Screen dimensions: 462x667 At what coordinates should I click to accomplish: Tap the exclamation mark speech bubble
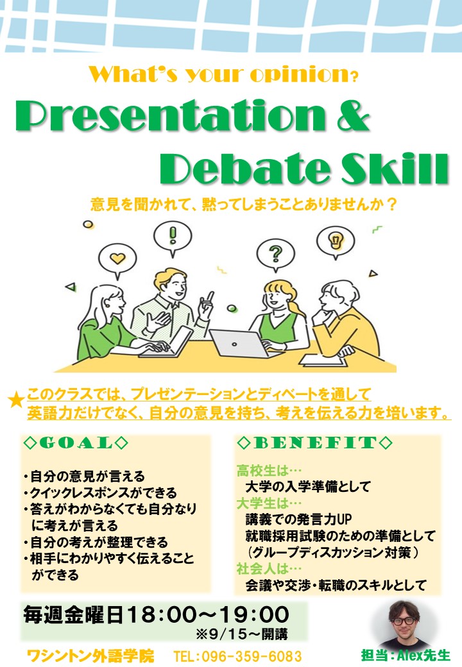[x=173, y=237]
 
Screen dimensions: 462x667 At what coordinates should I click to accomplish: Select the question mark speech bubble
[x=276, y=255]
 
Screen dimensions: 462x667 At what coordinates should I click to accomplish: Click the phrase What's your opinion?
[x=224, y=74]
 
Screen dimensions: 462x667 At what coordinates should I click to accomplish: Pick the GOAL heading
[x=76, y=443]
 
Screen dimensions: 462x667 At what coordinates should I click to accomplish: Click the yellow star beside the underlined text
[x=16, y=400]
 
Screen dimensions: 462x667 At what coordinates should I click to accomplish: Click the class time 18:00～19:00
[x=208, y=614]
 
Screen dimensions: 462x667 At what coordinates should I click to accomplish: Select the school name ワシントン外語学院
[x=90, y=655]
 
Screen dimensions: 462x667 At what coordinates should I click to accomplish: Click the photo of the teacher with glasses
[x=404, y=625]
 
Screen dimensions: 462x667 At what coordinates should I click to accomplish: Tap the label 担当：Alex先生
[x=405, y=655]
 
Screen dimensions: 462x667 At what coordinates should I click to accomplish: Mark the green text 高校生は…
[x=269, y=471]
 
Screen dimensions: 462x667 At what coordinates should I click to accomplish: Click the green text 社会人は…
[x=269, y=568]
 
